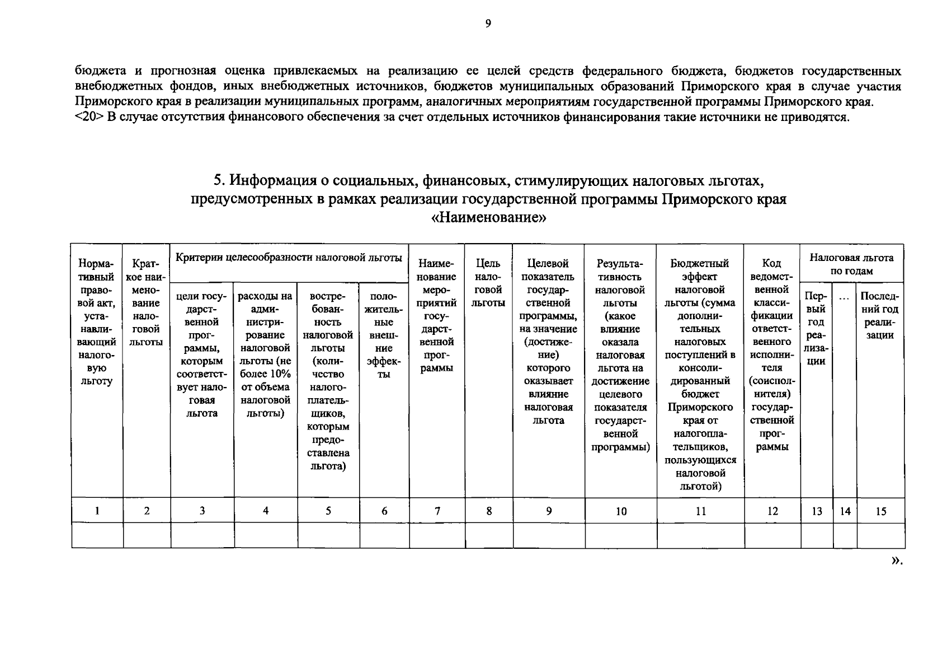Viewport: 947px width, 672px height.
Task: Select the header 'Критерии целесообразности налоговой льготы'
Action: pyautogui.click(x=289, y=258)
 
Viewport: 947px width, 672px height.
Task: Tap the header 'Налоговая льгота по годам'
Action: pyautogui.click(x=851, y=264)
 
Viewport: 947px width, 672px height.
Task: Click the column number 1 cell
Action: pyautogui.click(x=97, y=510)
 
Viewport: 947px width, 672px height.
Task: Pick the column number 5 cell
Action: pyautogui.click(x=328, y=510)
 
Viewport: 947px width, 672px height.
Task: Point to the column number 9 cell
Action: pyautogui.click(x=549, y=510)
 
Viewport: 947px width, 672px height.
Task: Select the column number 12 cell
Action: pyautogui.click(x=772, y=511)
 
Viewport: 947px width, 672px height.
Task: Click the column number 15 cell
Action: pyautogui.click(x=881, y=511)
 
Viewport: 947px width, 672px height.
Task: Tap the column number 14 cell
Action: pyautogui.click(x=845, y=511)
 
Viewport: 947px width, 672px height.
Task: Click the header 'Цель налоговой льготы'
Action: pyautogui.click(x=489, y=283)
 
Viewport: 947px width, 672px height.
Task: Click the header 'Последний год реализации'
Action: pyautogui.click(x=880, y=315)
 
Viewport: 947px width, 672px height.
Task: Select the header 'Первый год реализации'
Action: pyautogui.click(x=817, y=328)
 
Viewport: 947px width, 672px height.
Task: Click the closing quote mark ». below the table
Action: pyautogui.click(x=896, y=560)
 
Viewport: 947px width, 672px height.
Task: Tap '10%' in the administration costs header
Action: pyautogui.click(x=278, y=374)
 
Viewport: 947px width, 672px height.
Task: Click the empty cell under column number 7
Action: pyautogui.click(x=437, y=535)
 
